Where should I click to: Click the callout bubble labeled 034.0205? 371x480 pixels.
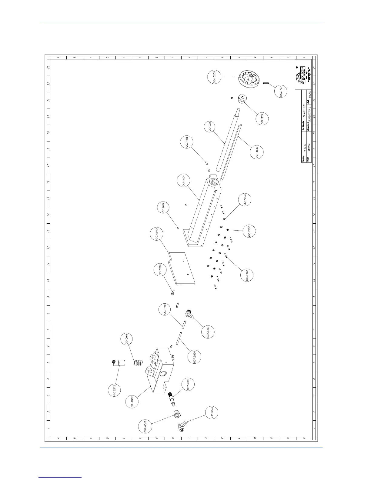[x=214, y=77]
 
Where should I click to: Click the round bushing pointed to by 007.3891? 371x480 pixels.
[x=243, y=99]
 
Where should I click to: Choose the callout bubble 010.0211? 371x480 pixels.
[x=211, y=127]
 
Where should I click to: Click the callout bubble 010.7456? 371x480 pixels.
[x=187, y=142]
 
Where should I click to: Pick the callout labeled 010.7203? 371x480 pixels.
[x=249, y=231]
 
